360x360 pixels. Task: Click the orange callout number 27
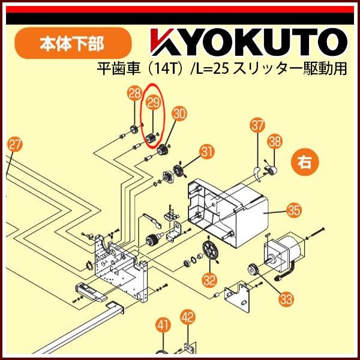(x=15, y=145)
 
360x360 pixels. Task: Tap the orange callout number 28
(x=134, y=93)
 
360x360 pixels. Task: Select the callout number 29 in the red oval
(x=154, y=102)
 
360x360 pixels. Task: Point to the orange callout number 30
(x=178, y=113)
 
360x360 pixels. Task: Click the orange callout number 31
(x=207, y=152)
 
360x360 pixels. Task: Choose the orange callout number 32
(x=209, y=279)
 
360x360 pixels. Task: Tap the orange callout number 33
(x=286, y=295)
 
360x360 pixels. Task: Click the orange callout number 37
(x=257, y=126)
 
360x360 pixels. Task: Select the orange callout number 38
(x=275, y=142)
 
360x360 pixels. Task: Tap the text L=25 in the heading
(x=214, y=68)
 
